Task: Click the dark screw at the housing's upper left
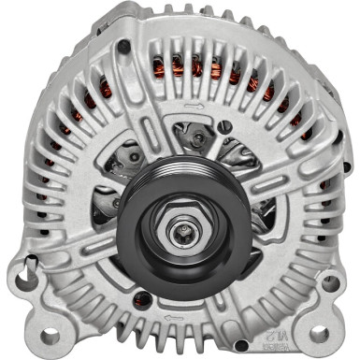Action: [123, 46]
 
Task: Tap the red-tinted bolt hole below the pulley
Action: [143, 300]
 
